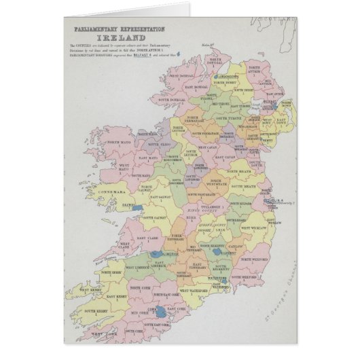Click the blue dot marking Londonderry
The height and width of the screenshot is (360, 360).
tap(217, 77)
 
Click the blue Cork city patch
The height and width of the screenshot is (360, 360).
tap(161, 313)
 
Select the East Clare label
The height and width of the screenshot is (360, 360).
tap(149, 238)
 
